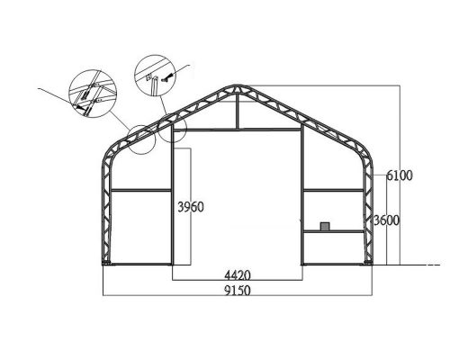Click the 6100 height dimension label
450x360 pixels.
[400, 175]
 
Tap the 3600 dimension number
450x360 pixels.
[386, 221]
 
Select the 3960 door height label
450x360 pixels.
[191, 207]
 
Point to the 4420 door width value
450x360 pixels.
[238, 274]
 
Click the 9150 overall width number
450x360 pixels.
[238, 291]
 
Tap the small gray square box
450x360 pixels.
[325, 226]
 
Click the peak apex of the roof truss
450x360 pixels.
[238, 87]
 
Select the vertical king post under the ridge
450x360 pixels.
[238, 112]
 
